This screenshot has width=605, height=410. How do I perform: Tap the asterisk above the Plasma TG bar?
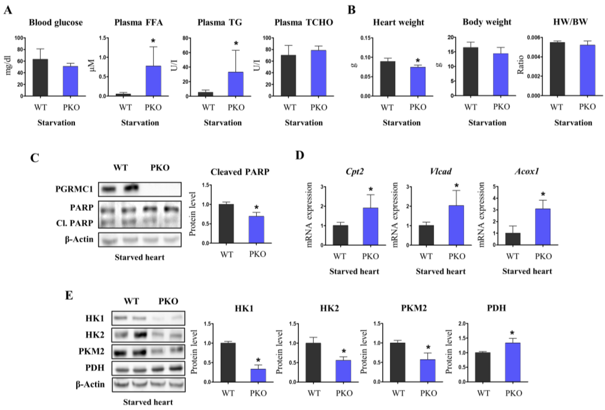click(x=236, y=43)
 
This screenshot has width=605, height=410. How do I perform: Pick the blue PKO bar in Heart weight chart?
click(x=418, y=82)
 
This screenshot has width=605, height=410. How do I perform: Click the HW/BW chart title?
click(x=570, y=22)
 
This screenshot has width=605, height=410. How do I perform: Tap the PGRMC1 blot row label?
click(x=74, y=189)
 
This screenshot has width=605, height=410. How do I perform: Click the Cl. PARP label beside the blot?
click(x=75, y=223)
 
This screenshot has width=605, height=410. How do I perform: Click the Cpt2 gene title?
click(x=355, y=171)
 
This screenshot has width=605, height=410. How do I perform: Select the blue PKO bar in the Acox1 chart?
click(x=543, y=227)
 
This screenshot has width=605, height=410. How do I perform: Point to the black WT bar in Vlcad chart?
click(x=426, y=235)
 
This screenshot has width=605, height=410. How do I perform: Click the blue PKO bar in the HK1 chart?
click(x=258, y=375)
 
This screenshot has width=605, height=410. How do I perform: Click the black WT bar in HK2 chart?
click(x=313, y=362)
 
